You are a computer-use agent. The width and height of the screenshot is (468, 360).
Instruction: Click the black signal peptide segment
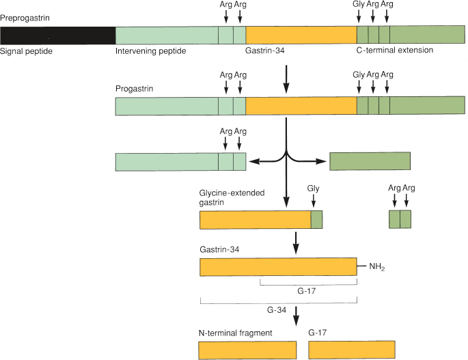click(x=58, y=35)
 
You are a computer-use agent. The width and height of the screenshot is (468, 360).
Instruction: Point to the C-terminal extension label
click(x=394, y=51)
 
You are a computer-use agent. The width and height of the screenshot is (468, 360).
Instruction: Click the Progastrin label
click(x=135, y=88)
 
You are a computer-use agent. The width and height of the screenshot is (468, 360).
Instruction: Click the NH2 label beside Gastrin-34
click(x=377, y=267)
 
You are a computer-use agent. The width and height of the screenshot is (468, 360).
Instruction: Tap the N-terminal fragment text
click(x=236, y=333)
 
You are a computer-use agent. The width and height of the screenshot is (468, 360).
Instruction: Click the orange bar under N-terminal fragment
click(x=247, y=350)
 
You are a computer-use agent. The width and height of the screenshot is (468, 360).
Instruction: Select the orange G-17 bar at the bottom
click(x=351, y=350)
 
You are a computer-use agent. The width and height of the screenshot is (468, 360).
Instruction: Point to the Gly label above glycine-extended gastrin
click(x=314, y=187)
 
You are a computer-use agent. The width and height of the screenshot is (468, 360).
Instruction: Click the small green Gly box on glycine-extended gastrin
click(x=316, y=220)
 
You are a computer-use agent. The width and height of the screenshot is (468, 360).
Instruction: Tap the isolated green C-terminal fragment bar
click(x=370, y=161)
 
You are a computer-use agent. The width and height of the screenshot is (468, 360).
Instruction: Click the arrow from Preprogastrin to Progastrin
click(x=286, y=79)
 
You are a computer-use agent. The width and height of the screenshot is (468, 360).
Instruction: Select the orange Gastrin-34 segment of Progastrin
click(x=301, y=106)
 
